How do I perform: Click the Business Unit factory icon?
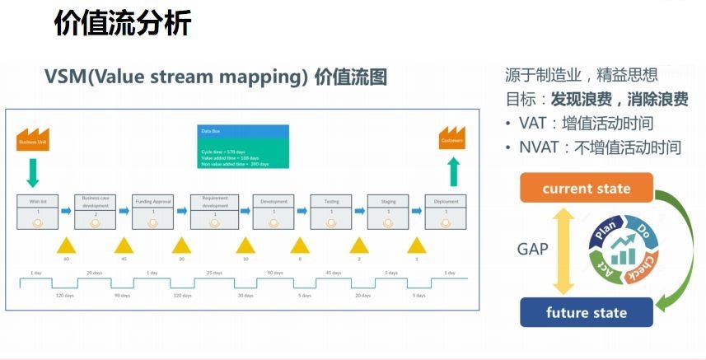[33, 138]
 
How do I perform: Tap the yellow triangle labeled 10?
[245, 245]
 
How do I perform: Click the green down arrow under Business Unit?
[33, 173]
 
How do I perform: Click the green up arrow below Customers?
[451, 173]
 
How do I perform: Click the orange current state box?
[586, 189]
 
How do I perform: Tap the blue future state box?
[586, 313]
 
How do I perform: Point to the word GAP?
[533, 249]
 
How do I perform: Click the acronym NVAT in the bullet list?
[538, 147]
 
